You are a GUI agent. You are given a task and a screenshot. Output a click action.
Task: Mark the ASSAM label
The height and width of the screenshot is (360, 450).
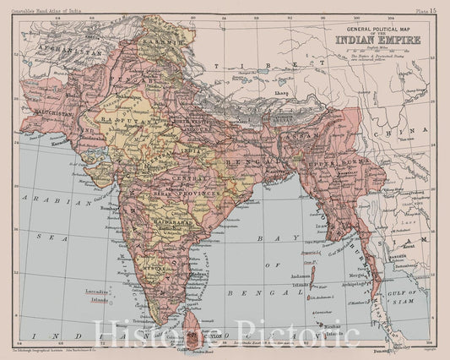tap(299, 134)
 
